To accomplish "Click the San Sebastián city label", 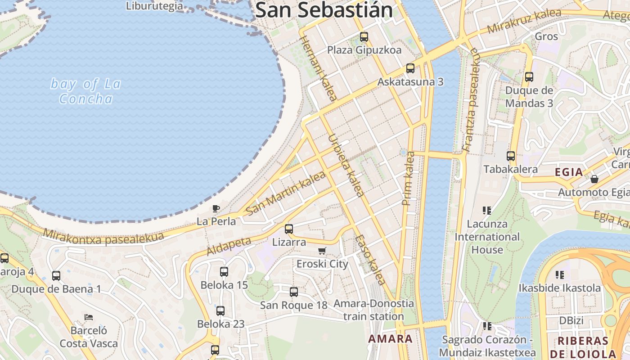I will (x=324, y=10).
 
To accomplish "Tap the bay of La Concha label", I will (x=85, y=91).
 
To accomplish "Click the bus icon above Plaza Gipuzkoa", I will (x=364, y=37).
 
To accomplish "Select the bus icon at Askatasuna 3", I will (x=410, y=68).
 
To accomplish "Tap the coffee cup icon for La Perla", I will (x=216, y=208).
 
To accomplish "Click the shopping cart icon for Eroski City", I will (x=322, y=251).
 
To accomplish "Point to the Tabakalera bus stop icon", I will (x=510, y=156).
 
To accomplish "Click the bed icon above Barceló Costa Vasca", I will (x=89, y=317).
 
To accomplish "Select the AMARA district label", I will (x=390, y=338).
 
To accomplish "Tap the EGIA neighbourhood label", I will (x=569, y=172).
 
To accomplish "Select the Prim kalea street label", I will (x=409, y=179).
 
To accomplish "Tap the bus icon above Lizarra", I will (x=289, y=229).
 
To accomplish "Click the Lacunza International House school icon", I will (x=486, y=210).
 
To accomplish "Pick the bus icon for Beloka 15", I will (x=224, y=271).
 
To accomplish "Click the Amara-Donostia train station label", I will (x=373, y=310).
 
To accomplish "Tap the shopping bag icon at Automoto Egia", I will (x=594, y=179).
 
